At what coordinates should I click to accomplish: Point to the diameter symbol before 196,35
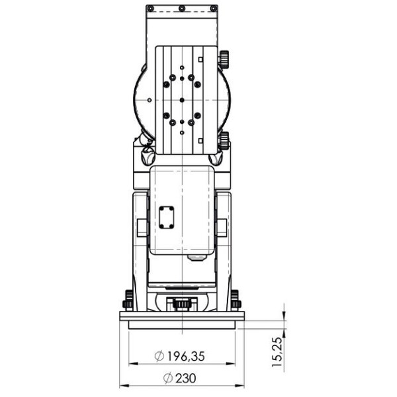click(159, 356)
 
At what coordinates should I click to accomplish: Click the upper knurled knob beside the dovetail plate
click(224, 60)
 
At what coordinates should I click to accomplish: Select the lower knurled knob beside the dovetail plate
click(224, 140)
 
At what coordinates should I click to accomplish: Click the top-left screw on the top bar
click(150, 9)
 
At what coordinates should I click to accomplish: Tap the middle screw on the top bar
click(182, 9)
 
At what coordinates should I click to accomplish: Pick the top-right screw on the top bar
click(213, 9)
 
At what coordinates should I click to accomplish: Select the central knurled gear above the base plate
click(182, 304)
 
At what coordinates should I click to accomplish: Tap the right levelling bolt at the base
click(235, 299)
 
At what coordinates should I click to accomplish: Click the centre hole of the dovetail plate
click(182, 99)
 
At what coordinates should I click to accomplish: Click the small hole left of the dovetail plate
click(150, 99)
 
